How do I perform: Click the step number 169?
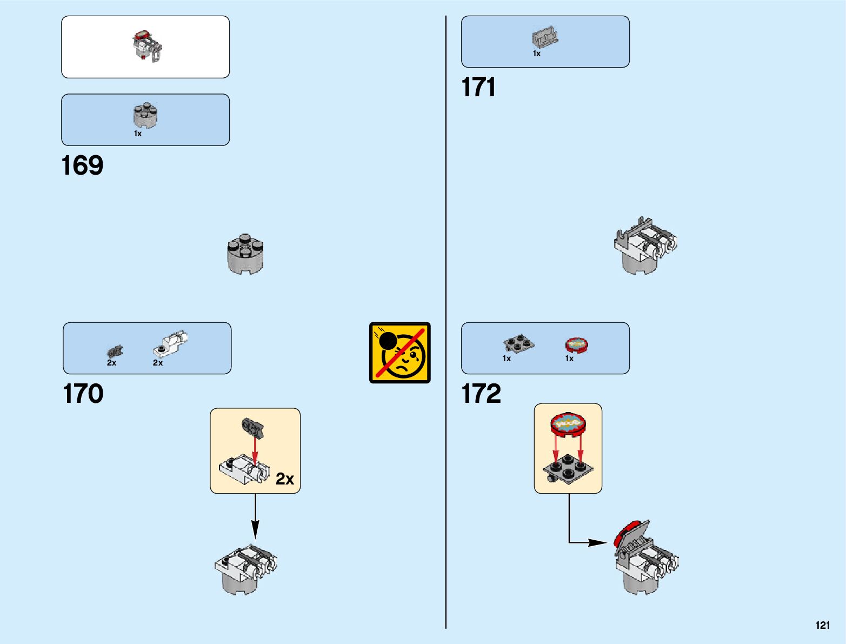(x=82, y=165)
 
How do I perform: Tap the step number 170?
(x=83, y=394)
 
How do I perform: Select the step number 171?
(x=478, y=87)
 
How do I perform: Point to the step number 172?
(x=481, y=394)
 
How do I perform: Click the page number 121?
(x=822, y=625)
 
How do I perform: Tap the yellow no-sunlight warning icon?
(x=399, y=353)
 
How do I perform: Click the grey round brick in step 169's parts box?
(x=145, y=115)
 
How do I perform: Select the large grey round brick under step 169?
(x=245, y=254)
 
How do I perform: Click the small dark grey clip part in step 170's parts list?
(x=115, y=351)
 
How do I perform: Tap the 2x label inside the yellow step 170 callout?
(x=285, y=479)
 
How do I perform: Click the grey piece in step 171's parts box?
(x=545, y=37)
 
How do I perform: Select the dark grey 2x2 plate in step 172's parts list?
(x=518, y=343)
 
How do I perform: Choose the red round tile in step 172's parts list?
(x=576, y=344)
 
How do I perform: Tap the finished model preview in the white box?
(x=146, y=46)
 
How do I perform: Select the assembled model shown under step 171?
(x=645, y=246)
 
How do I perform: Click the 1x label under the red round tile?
(x=569, y=358)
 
